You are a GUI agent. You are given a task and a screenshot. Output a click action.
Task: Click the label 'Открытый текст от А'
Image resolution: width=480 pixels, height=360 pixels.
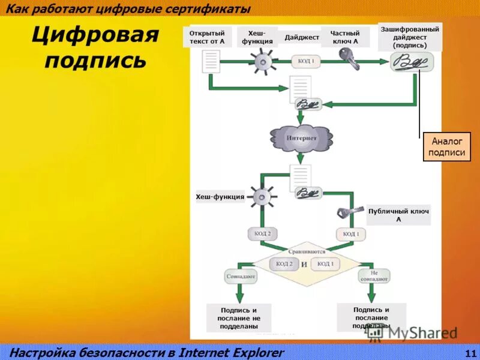[x=207, y=37]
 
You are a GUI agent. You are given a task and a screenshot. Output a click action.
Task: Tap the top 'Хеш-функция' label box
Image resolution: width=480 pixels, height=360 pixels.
[x=257, y=37]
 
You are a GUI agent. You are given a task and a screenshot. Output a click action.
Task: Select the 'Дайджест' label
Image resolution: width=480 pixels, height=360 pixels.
[x=302, y=37]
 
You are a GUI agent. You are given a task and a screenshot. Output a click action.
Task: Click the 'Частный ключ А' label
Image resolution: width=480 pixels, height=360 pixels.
[x=346, y=37]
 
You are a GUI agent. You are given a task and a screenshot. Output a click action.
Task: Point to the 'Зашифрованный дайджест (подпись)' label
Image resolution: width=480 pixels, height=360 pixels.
[x=410, y=37]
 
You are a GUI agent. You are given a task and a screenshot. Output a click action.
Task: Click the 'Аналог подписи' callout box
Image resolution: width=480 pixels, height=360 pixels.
[x=445, y=147]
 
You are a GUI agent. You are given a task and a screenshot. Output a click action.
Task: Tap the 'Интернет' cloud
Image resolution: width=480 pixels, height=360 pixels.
[x=301, y=138]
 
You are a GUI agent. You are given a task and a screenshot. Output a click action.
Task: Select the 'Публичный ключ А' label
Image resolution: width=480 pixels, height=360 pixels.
[x=398, y=215]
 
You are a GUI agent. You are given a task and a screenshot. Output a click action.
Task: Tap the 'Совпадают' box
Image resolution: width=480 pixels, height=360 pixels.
[x=240, y=277]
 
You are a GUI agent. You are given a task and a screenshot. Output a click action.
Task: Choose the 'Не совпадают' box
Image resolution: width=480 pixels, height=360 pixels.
[x=374, y=276]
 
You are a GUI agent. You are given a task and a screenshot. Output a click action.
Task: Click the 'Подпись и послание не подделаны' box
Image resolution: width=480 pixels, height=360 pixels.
[x=239, y=318]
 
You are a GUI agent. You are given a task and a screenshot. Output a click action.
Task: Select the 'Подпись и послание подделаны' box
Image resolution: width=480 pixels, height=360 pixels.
[x=371, y=317]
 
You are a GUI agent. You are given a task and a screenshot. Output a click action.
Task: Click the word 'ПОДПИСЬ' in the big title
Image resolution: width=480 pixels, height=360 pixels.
[x=95, y=61]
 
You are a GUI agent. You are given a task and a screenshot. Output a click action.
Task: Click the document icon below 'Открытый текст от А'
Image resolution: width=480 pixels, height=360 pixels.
[x=211, y=61]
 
